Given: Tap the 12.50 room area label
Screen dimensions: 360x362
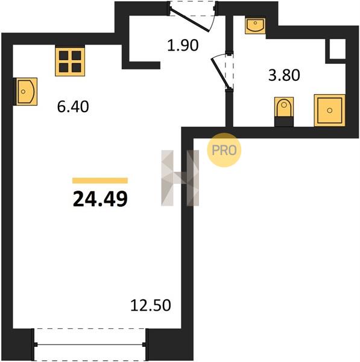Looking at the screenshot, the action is (151, 305).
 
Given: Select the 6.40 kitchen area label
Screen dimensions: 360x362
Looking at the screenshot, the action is (73, 107).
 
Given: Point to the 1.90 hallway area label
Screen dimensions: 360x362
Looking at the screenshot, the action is (183, 45).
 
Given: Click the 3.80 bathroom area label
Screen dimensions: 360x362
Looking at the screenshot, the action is (284, 75).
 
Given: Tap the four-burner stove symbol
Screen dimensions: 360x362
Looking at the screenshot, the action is (70, 61).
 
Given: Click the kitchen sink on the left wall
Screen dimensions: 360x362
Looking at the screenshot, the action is (25, 92).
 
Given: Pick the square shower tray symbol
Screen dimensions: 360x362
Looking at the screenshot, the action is (329, 110).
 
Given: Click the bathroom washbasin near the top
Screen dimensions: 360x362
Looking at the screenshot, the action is (255, 25).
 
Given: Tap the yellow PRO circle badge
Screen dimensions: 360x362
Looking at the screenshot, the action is (224, 150).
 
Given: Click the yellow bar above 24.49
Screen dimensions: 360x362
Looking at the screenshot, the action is (100, 180).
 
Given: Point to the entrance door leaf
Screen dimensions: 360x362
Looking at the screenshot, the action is (189, 20).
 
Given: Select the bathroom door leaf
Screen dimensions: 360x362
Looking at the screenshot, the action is (220, 74).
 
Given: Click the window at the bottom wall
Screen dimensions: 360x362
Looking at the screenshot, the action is (90, 345).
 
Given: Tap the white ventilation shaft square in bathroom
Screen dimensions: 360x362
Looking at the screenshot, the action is (338, 49).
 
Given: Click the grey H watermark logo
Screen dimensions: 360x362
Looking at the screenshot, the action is (180, 178).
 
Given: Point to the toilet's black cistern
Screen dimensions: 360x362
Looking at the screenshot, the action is (284, 122).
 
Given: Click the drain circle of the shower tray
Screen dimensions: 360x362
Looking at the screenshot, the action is (329, 110).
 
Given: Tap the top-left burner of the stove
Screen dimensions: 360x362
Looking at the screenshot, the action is (64, 56).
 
